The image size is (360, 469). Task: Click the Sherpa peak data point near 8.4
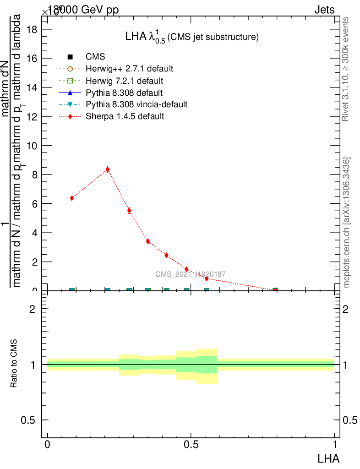108,169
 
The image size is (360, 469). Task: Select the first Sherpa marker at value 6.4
72,198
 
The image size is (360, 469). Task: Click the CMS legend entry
95,57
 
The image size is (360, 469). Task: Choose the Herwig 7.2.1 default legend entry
124,81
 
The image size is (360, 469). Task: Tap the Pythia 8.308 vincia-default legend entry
136,104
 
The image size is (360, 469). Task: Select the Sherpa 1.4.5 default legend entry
125,116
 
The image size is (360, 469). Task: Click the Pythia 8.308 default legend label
124,93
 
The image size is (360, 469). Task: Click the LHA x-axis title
328,458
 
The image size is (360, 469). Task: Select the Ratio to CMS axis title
14,363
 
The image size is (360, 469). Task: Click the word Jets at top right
324,10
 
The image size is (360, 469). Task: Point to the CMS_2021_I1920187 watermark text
190,274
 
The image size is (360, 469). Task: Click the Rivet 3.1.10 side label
346,69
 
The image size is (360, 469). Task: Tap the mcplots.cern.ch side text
347,222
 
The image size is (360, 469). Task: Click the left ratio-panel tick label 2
33,309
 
